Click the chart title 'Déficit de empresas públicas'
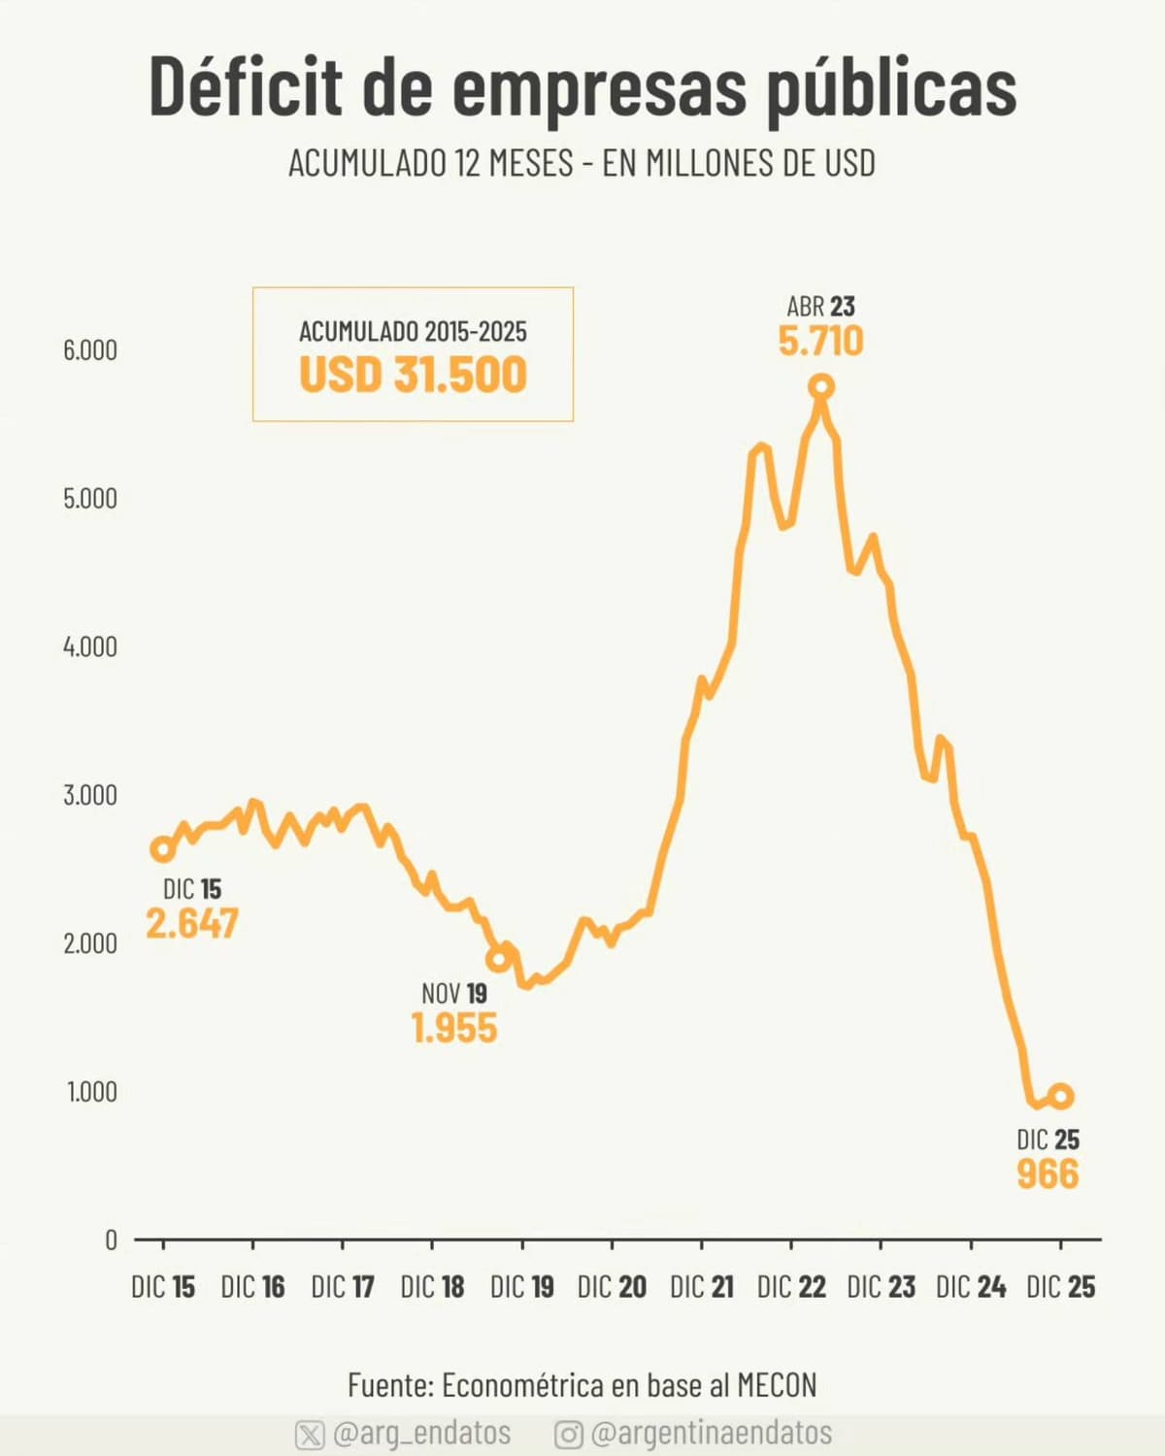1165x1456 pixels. [582, 87]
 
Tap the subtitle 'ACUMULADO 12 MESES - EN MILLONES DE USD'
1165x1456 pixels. [582, 163]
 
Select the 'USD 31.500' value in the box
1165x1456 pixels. [413, 375]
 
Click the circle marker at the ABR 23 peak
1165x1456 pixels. [821, 387]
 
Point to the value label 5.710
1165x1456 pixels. [820, 342]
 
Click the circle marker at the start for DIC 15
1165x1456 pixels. [162, 849]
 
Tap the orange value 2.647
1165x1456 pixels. [192, 923]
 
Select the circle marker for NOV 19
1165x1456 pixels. [498, 959]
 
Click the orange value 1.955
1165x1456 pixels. [453, 1028]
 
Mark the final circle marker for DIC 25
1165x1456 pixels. [1060, 1096]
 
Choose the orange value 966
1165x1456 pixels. [1048, 1175]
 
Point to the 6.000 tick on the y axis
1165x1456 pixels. [90, 350]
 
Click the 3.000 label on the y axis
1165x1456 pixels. [90, 795]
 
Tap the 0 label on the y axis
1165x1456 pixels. [111, 1240]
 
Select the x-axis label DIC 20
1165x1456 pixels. [612, 1287]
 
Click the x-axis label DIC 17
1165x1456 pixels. [343, 1287]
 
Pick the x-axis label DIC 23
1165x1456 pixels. [881, 1287]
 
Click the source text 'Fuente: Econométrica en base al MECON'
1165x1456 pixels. [582, 1384]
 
